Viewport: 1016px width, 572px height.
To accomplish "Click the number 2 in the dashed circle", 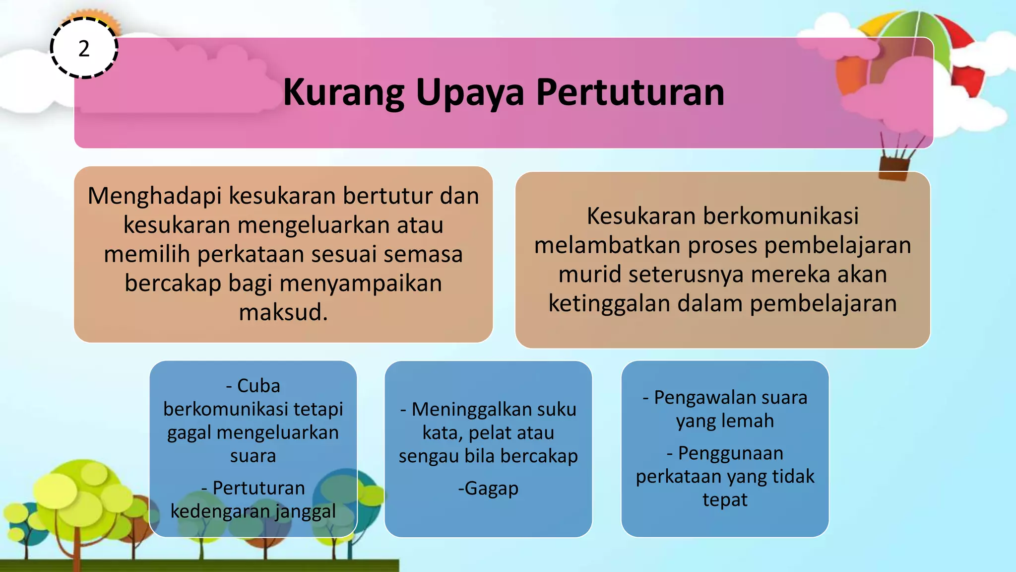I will (x=84, y=49).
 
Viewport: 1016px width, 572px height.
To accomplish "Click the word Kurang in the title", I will (x=343, y=93).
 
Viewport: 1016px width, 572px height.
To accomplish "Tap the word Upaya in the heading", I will (x=469, y=93).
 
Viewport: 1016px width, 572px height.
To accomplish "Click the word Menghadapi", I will (x=154, y=196).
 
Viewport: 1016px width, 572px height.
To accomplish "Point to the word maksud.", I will (x=283, y=312).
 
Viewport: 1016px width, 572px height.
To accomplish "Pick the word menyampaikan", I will (x=361, y=283).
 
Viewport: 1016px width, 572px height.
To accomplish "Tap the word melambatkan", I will (x=607, y=245).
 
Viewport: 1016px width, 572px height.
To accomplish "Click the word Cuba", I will (x=258, y=386).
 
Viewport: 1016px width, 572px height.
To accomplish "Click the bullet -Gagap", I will (x=488, y=489).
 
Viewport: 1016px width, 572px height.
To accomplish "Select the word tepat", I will (x=725, y=500).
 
